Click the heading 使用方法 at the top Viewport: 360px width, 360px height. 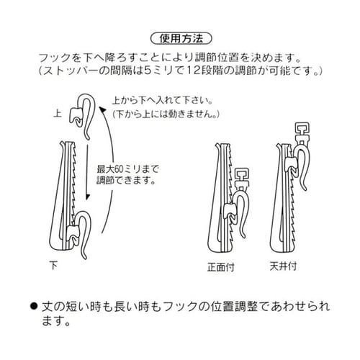coord(181,37)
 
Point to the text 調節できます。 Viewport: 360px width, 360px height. coord(125,181)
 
